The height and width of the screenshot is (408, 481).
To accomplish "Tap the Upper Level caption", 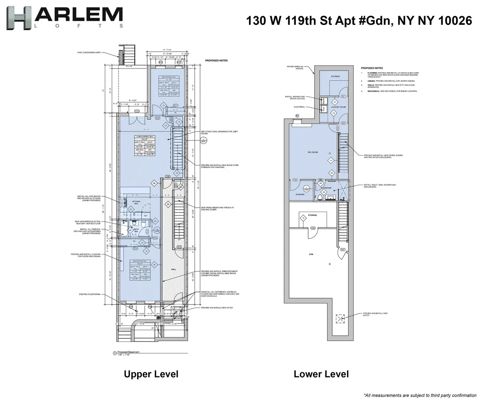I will point(151,374).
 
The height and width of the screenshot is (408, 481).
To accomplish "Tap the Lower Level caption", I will point(321,374).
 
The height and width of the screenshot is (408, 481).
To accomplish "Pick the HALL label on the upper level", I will point(174,270).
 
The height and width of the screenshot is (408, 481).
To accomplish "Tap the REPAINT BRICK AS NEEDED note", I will point(295,67).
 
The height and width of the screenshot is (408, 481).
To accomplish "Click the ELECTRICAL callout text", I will point(299,107).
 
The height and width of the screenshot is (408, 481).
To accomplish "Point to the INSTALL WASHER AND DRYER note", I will point(295,98).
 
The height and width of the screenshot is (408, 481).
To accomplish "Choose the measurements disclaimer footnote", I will point(420,396).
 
